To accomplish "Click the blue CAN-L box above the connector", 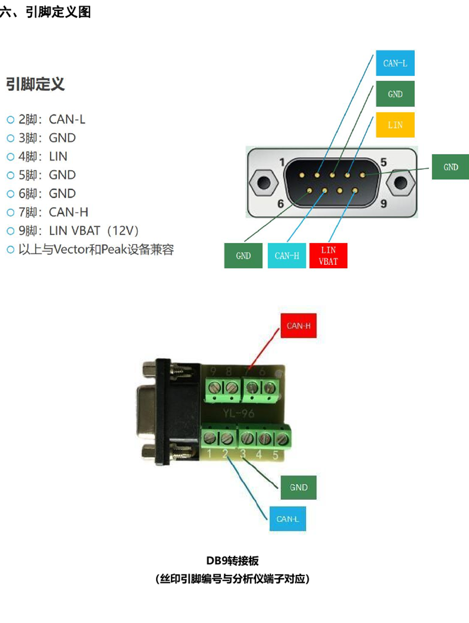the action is [x=395, y=63].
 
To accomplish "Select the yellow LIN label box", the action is [x=395, y=125].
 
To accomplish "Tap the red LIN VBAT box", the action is [x=328, y=256].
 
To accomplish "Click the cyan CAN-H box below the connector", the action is [x=287, y=256].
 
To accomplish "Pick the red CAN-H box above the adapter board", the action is [x=298, y=325].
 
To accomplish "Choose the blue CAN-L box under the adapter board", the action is [x=287, y=519].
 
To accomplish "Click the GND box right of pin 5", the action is [x=450, y=167].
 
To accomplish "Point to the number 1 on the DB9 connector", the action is [x=282, y=162].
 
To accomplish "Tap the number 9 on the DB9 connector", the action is [x=383, y=203].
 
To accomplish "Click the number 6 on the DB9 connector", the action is [x=281, y=203].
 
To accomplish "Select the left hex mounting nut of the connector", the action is [x=263, y=183].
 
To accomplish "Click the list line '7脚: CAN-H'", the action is [x=53, y=212].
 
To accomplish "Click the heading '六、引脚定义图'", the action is [x=46, y=12].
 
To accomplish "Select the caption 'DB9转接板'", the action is [x=232, y=561].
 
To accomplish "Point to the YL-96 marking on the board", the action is [x=238, y=413].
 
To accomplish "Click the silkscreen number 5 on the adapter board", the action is [x=275, y=455].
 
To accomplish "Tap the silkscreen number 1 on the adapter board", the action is [x=209, y=453].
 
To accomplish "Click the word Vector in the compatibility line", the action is [x=71, y=249].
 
